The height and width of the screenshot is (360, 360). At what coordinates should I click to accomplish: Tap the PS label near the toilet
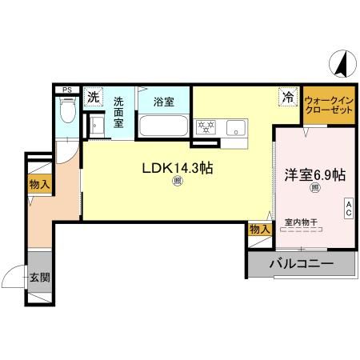pos(66,90)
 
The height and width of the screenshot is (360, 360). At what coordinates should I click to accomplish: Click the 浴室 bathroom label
pos(163,102)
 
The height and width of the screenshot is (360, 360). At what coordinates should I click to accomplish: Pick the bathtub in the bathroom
pos(163,126)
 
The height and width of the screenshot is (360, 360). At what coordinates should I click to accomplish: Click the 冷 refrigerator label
pos(286,97)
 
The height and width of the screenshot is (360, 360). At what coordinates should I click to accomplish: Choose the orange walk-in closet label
pos(328,104)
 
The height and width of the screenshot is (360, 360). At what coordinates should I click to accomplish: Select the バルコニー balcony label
pos(301,262)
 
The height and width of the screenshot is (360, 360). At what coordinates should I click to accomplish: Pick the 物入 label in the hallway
pos(39,185)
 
